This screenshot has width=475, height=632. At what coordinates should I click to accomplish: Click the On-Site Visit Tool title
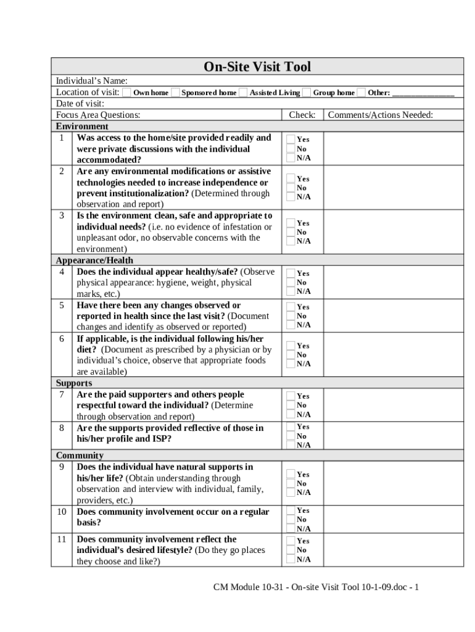coord(257,67)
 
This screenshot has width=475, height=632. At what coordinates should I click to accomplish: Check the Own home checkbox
coord(126,93)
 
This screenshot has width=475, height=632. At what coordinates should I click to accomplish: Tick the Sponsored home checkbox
coord(175,93)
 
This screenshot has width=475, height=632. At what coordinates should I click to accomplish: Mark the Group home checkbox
coord(307,93)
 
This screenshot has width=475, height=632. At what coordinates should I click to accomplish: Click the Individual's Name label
coord(92,81)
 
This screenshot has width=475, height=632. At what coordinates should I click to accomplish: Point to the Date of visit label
coord(80,104)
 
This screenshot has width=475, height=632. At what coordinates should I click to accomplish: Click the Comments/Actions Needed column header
coord(380,115)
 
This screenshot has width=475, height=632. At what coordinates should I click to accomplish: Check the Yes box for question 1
coord(289,139)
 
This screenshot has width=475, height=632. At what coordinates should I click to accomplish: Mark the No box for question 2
coord(289,188)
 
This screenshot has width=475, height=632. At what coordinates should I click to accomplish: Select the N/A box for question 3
coord(289,241)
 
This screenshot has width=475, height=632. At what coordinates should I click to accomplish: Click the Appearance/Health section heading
coord(94,260)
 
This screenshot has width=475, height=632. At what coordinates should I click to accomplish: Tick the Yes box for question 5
coord(289,306)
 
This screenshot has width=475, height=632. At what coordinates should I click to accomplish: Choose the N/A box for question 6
coord(289,364)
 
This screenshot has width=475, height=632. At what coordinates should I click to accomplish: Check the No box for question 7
coord(289,405)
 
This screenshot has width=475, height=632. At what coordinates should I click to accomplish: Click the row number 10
coord(62,512)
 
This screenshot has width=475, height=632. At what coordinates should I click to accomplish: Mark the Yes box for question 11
coord(289,541)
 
